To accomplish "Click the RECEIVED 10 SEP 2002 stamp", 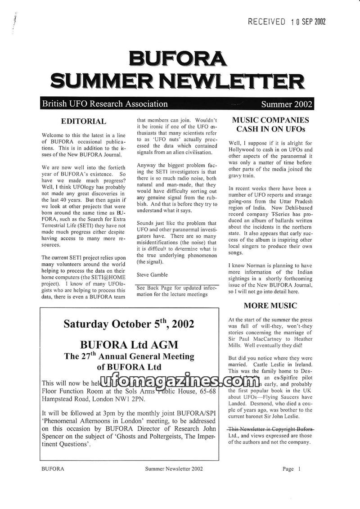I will point(287,22).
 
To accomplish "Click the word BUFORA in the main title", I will point(177,59).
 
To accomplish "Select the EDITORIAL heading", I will point(84,121).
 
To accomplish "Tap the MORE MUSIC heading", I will point(270,306).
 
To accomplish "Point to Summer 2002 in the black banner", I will point(286,104).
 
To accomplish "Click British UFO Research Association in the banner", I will point(105,104).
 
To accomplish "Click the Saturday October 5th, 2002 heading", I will point(129,324).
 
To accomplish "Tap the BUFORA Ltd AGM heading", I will point(129,345).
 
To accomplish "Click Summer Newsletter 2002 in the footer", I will point(174,469).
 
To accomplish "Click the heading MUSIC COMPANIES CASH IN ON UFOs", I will point(270,125).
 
